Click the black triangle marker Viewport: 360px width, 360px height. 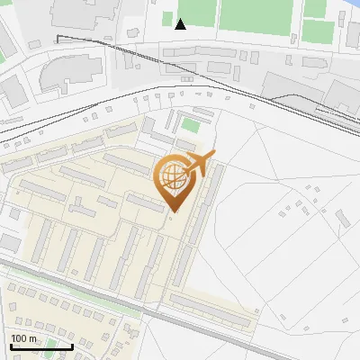180,24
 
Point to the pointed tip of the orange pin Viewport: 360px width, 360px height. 173,211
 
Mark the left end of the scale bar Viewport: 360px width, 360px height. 10,346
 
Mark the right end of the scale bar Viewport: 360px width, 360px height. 72,346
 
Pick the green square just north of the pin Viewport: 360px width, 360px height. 189,123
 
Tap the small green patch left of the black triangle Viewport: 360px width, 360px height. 166,18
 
